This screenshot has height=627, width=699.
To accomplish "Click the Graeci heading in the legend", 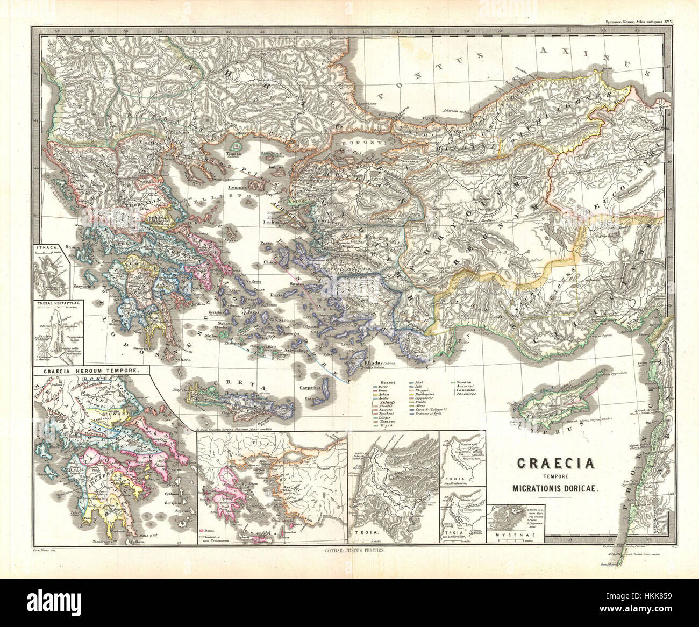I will [381, 381].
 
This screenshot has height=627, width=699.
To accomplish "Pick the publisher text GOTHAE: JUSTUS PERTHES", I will [349, 551].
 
